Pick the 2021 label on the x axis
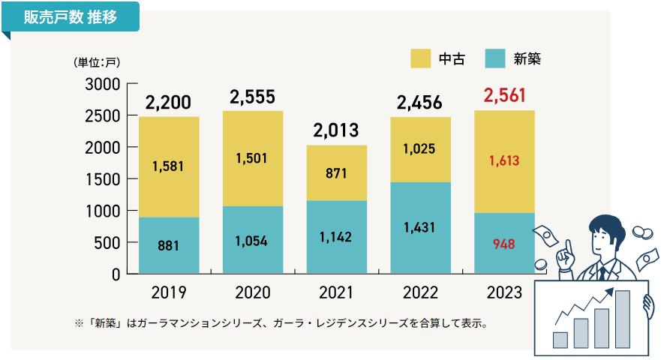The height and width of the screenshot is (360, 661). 337,292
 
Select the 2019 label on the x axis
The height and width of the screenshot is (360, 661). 169,292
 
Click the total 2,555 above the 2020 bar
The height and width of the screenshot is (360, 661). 253,97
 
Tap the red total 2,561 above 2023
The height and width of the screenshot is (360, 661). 505,95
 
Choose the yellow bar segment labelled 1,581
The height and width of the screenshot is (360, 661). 169,166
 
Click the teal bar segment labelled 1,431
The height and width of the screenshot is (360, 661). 421,227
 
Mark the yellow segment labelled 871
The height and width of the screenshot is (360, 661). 337,172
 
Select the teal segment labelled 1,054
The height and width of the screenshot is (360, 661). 253,240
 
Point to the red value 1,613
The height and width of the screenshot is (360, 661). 504,160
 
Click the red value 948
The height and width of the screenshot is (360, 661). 504,243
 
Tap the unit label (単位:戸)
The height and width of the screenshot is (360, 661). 97,61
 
